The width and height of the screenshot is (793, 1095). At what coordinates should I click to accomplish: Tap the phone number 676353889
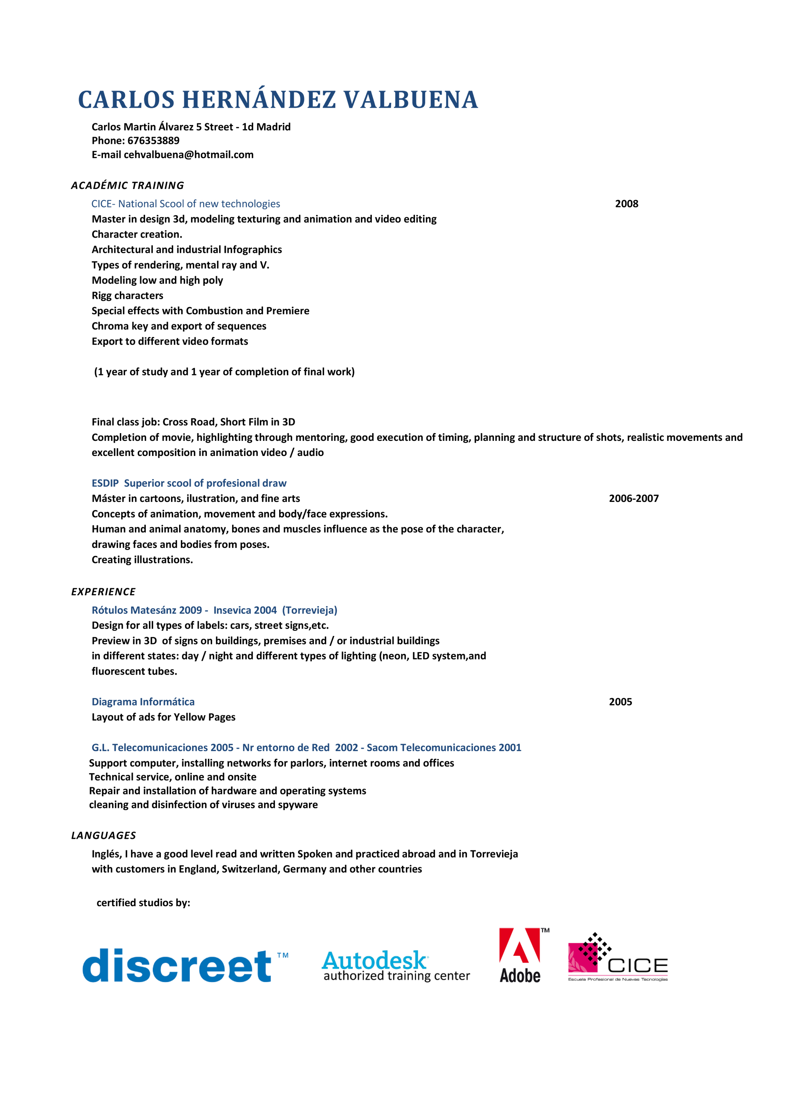tap(153, 140)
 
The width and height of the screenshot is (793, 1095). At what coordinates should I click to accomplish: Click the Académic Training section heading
tap(128, 185)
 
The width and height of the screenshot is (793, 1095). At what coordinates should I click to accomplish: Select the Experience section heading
tap(103, 591)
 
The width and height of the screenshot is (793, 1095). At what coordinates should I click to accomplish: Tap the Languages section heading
tap(103, 835)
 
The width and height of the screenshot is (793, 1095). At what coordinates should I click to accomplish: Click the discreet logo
tap(179, 966)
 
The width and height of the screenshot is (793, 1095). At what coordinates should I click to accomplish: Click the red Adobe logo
tap(521, 955)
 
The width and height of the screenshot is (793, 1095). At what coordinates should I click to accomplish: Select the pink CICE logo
tap(617, 958)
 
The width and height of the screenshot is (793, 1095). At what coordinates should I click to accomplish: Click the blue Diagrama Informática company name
tap(143, 701)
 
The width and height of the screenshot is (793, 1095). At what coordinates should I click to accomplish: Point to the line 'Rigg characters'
tap(128, 295)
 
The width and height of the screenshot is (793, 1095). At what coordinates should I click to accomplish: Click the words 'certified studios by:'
tap(144, 902)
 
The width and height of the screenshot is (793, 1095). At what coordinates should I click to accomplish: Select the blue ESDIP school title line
tap(189, 483)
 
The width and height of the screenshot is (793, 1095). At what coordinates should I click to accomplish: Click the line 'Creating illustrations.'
tap(142, 559)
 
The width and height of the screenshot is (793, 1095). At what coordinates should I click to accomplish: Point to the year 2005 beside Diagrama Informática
tap(620, 701)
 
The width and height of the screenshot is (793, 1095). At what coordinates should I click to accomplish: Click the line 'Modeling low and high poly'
tap(157, 280)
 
